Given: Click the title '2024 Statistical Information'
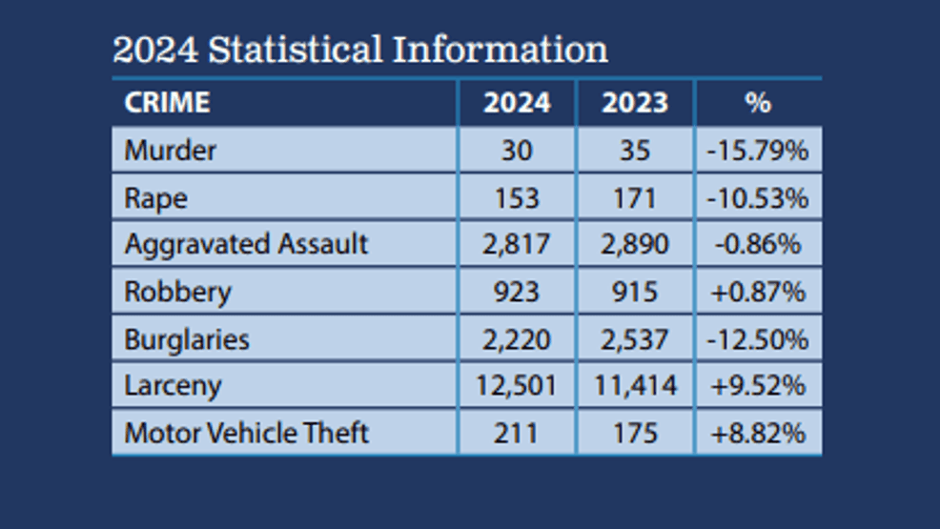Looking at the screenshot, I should click(x=359, y=49).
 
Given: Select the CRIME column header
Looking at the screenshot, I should click(x=167, y=103).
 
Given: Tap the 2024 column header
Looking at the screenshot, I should click(x=516, y=103).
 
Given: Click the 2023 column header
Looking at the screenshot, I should click(x=635, y=103).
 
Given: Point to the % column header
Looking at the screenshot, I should click(x=758, y=103).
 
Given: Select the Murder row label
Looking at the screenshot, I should click(x=171, y=151).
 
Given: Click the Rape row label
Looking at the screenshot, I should click(x=155, y=198).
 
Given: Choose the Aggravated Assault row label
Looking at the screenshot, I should click(x=246, y=244).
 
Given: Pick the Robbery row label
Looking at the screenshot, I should click(x=177, y=292).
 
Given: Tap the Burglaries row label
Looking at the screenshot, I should click(x=187, y=339).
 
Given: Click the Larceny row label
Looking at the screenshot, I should click(x=173, y=386).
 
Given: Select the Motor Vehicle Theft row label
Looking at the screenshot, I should click(x=246, y=433).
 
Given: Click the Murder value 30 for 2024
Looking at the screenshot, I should click(x=516, y=151).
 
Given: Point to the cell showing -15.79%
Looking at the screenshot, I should click(x=758, y=151).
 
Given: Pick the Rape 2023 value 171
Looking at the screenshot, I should click(x=635, y=198).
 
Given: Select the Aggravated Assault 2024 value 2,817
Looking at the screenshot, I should click(x=516, y=244).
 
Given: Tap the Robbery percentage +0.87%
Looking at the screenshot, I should click(x=758, y=292).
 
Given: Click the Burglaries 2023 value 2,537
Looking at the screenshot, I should click(x=635, y=339).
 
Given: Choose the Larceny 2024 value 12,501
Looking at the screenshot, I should click(x=516, y=386).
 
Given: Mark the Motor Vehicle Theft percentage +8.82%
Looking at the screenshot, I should click(x=758, y=433).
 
